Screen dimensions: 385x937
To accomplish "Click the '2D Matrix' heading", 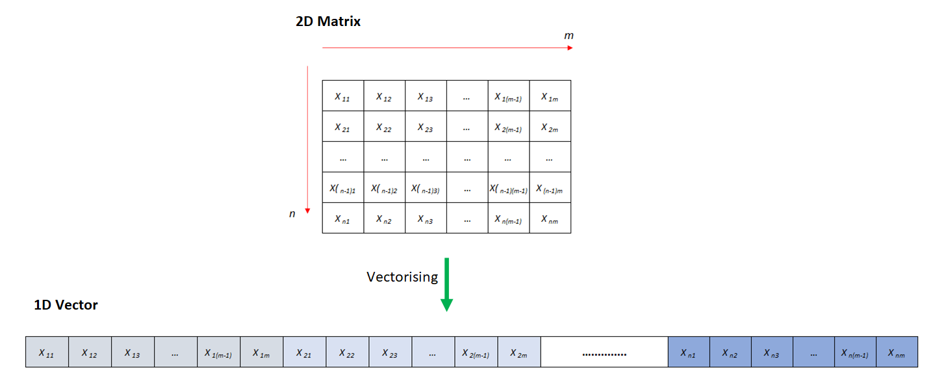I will click(328, 21).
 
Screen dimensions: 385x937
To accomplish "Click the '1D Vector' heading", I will click(66, 304).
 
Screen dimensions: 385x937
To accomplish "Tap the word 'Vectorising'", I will click(402, 277).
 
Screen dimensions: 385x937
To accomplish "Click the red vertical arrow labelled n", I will click(307, 139).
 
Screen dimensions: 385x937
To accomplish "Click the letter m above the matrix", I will click(569, 35).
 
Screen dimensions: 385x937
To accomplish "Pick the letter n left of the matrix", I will click(292, 213).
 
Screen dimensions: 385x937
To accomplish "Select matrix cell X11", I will click(342, 96).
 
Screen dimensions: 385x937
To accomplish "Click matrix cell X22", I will click(384, 127).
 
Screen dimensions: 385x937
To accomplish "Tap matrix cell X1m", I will click(550, 96).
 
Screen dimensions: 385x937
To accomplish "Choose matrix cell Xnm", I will click(550, 219).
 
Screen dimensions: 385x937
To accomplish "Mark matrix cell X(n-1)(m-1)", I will click(508, 188).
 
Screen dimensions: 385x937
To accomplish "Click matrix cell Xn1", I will click(342, 219).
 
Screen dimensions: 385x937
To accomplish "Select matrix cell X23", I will click(426, 127).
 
